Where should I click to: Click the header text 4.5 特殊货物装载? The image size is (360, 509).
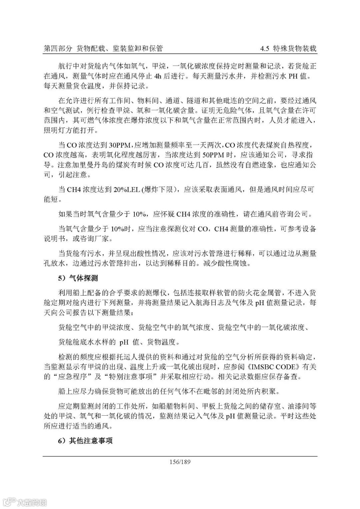[289, 49]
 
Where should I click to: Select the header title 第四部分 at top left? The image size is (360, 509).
[58, 49]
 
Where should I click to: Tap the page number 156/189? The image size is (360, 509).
[180, 462]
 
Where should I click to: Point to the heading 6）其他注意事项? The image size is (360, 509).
[85, 441]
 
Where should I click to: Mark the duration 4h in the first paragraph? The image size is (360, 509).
[158, 76]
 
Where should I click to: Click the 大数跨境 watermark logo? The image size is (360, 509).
[24, 501]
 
